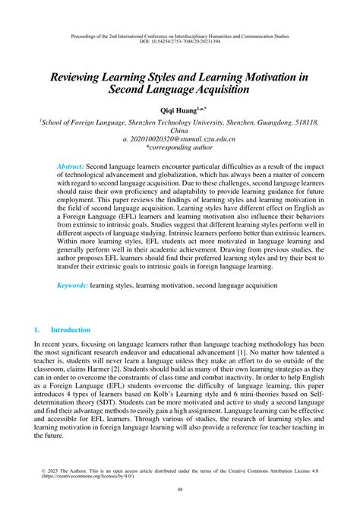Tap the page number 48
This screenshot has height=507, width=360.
[180, 490]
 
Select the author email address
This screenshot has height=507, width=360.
[179, 140]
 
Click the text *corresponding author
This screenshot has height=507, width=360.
[179, 150]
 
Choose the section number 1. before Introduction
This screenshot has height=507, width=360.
[36, 331]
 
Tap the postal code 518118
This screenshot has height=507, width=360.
[305, 121]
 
